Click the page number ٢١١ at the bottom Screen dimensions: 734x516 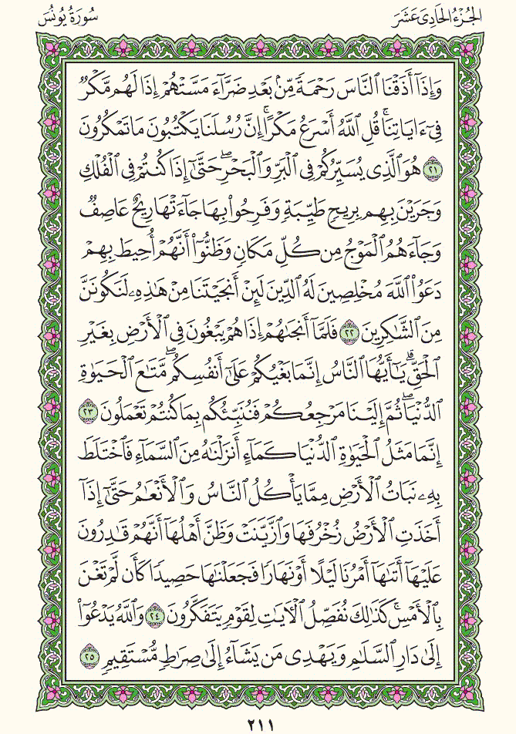pos(258,723)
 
